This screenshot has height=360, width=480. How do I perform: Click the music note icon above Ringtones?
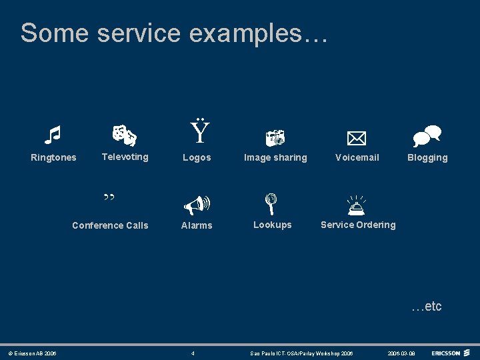[52, 135]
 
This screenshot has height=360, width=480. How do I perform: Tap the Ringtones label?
[53, 157]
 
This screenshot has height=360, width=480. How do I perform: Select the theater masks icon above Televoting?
[124, 135]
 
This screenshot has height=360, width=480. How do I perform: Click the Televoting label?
[125, 157]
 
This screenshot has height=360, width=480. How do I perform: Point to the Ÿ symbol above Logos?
[199, 133]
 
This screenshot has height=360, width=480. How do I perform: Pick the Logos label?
[197, 157]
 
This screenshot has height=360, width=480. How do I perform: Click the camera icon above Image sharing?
[275, 137]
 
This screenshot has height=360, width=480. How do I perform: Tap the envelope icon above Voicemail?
[357, 138]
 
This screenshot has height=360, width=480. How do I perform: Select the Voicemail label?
[357, 157]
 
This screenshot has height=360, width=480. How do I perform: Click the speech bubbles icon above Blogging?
[427, 136]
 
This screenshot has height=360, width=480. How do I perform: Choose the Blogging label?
[427, 157]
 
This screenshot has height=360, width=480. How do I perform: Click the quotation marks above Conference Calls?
[109, 198]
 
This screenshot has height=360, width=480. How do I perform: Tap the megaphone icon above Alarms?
[197, 203]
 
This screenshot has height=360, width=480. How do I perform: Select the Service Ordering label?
[358, 225]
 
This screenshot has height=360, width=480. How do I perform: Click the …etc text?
[426, 306]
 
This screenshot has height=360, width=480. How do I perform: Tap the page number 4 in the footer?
[193, 353]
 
